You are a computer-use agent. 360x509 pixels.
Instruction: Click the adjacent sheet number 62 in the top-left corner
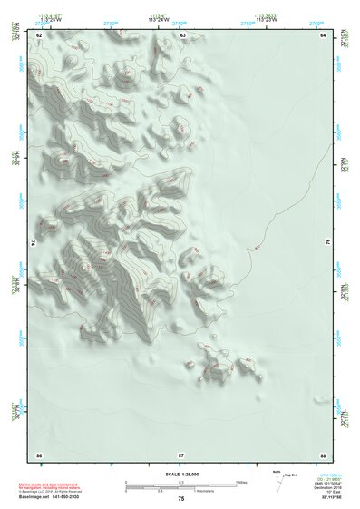pyautogui.click(x=39, y=35)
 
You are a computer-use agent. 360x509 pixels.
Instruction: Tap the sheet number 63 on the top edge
pyautogui.click(x=182, y=35)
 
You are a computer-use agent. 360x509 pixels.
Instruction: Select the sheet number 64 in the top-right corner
pyautogui.click(x=323, y=35)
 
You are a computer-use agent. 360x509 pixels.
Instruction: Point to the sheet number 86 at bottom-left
pyautogui.click(x=39, y=453)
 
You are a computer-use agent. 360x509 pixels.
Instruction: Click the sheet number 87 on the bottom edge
pyautogui.click(x=181, y=453)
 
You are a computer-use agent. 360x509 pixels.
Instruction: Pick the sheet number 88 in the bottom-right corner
pyautogui.click(x=323, y=453)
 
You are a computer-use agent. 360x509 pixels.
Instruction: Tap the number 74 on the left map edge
pyautogui.click(x=34, y=243)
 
